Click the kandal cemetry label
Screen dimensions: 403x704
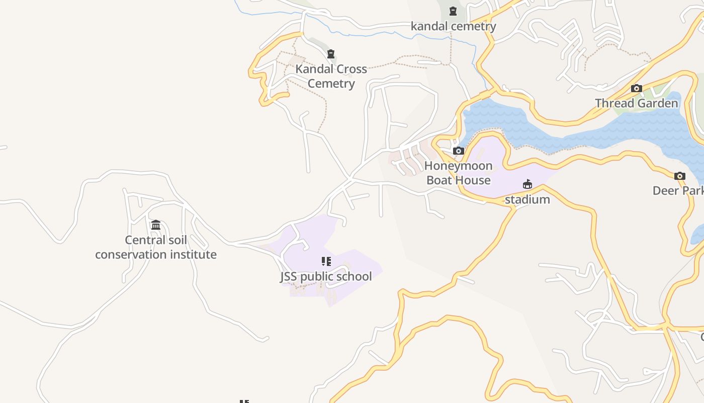click(453, 26)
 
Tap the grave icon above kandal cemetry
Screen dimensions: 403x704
click(453, 11)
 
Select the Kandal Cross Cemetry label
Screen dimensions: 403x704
click(331, 76)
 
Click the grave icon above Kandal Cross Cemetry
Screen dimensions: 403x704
click(331, 54)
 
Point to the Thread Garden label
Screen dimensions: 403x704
click(636, 103)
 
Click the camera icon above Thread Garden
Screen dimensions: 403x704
click(636, 89)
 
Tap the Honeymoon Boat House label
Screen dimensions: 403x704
click(458, 173)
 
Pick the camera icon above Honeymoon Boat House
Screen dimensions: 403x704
click(458, 151)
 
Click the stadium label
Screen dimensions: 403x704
click(527, 199)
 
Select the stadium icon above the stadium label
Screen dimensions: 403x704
click(527, 184)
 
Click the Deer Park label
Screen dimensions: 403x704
click(677, 191)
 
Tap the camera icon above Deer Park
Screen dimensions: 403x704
click(679, 176)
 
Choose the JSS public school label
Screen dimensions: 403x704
click(326, 277)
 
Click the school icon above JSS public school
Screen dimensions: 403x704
click(326, 261)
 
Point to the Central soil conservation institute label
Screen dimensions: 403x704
click(156, 247)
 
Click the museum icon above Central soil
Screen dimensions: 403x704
click(156, 225)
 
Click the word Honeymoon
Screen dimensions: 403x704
click(458, 166)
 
